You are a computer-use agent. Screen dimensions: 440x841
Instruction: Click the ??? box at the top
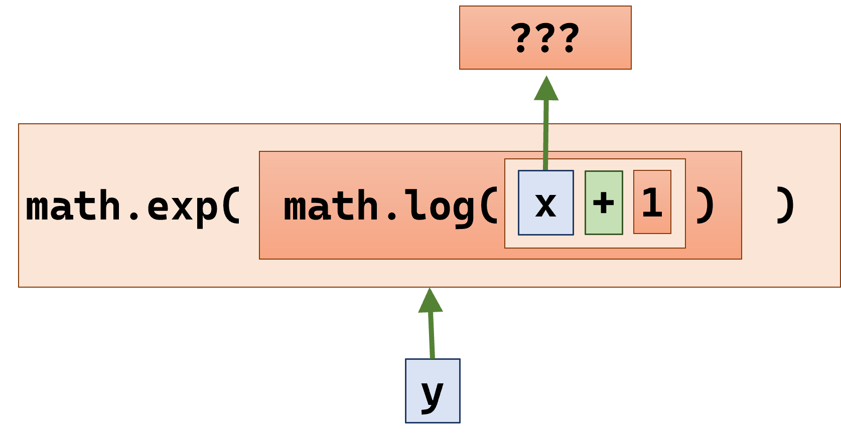(545, 38)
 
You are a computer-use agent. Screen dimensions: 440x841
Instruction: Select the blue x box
(545, 202)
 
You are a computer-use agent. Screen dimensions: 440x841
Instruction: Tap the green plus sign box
(604, 202)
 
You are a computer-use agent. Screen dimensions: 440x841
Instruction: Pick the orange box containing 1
(652, 202)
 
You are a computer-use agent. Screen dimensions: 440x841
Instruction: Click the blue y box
(433, 391)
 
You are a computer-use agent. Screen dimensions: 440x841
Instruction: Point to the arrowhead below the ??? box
(546, 89)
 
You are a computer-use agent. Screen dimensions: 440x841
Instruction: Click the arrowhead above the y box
(430, 301)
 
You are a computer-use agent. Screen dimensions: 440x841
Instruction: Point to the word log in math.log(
(440, 205)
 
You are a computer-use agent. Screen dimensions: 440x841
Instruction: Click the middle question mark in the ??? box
(545, 38)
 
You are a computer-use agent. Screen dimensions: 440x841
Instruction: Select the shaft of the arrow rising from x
(546, 135)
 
